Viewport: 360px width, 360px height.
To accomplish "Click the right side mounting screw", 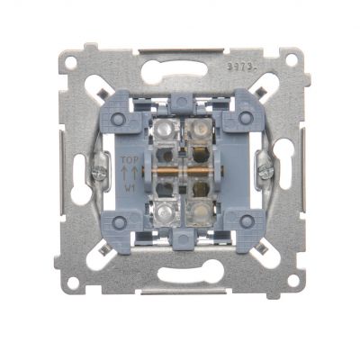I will point(264,167).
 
